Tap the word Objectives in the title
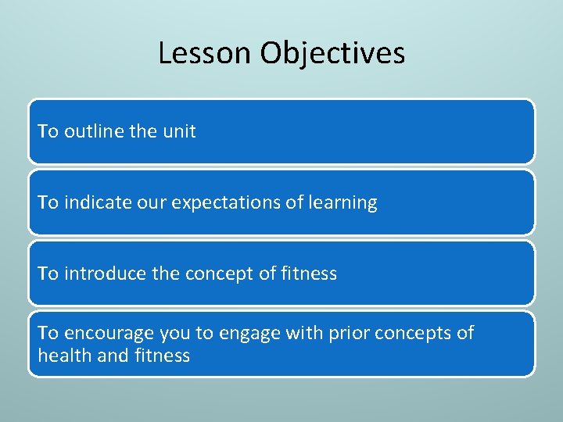click(x=332, y=53)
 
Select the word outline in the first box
click(x=93, y=131)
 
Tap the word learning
click(x=341, y=203)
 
